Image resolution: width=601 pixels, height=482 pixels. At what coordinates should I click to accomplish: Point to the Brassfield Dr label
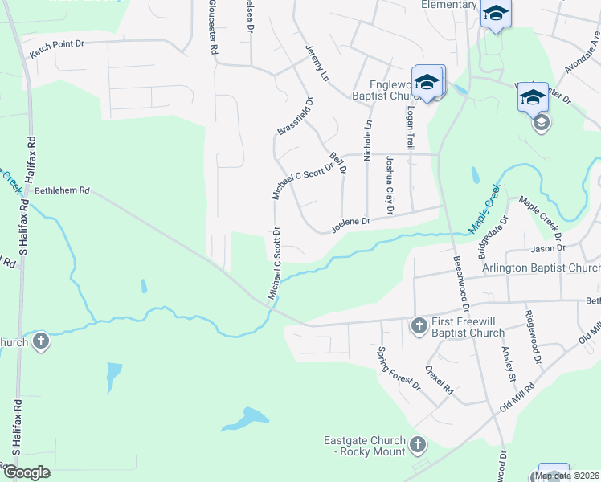pos(295,116)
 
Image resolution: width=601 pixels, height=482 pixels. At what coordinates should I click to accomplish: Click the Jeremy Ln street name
pos(317,63)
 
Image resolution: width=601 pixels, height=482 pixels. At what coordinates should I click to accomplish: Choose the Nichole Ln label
pos(369,141)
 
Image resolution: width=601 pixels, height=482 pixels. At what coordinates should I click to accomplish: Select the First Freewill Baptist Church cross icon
pos(418,325)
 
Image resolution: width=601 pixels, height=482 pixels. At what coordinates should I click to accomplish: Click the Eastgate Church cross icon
pos(417,444)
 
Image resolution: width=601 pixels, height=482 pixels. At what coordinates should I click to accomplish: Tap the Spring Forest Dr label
pos(399,368)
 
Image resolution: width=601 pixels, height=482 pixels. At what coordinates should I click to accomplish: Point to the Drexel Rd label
pos(440,380)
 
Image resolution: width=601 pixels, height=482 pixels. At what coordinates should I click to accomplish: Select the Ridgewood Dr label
pos(533,333)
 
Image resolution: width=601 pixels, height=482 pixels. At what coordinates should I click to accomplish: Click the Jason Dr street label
pos(549,248)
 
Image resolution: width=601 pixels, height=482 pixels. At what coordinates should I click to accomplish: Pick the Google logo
pos(27,472)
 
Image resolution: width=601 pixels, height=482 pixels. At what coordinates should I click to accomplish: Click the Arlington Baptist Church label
pos(541,268)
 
